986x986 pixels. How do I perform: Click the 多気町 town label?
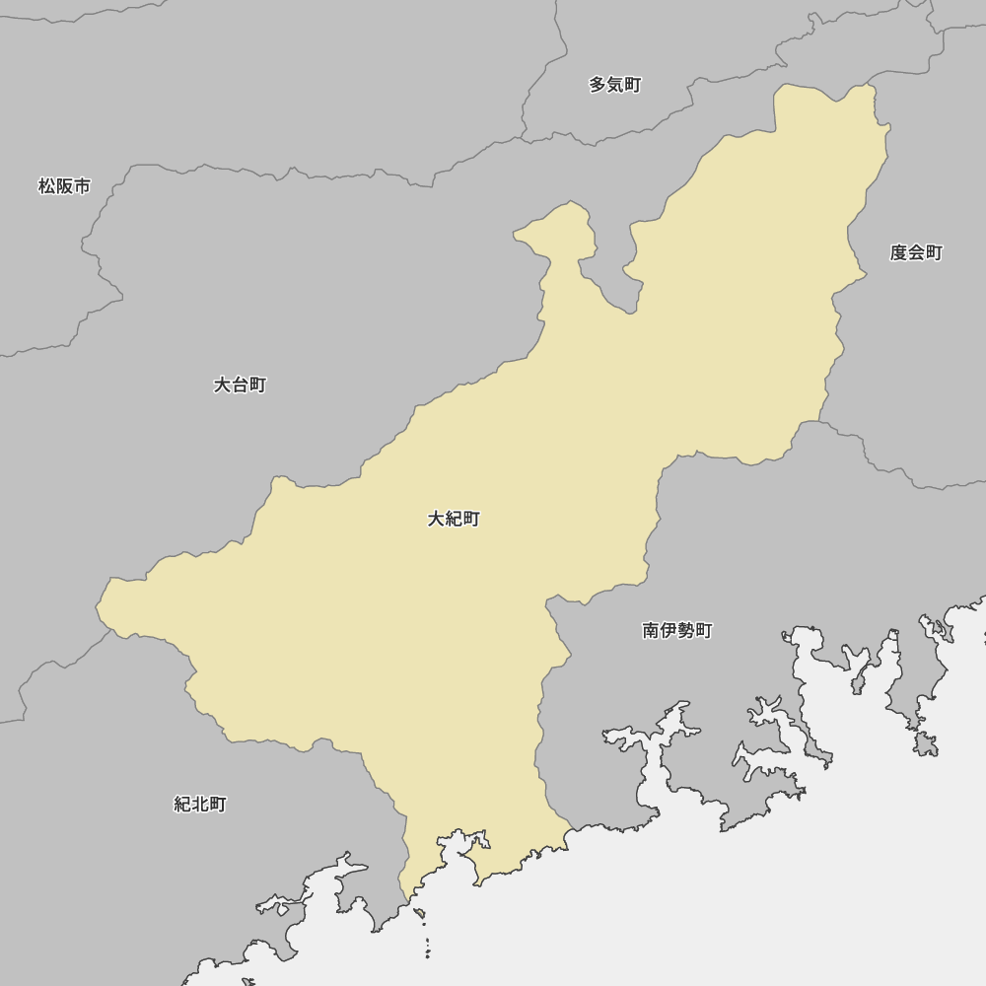[x=615, y=85]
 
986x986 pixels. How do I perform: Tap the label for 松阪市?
[x=64, y=186]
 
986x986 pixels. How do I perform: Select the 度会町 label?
[x=916, y=252]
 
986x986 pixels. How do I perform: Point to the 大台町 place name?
[x=240, y=385]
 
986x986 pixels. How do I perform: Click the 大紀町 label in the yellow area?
[x=454, y=519]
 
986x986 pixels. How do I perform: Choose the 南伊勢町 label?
[x=677, y=631]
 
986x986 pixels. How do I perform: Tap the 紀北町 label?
[x=200, y=805]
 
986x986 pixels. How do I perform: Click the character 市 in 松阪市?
[x=82, y=186]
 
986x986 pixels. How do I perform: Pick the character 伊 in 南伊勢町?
[x=669, y=631]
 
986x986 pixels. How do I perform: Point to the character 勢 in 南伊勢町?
[x=686, y=631]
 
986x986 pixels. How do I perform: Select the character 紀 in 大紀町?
[x=454, y=519]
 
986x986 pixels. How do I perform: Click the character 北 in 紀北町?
[x=200, y=805]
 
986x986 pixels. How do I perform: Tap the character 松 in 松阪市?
[x=46, y=186]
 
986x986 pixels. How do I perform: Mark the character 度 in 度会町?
[x=898, y=252]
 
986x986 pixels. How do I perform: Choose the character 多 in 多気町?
[x=598, y=85]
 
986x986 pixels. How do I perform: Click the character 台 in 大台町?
[x=240, y=385]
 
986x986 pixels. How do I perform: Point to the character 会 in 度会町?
[x=916, y=252]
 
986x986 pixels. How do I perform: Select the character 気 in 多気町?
[x=615, y=85]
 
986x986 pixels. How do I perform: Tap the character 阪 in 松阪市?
[x=64, y=186]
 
